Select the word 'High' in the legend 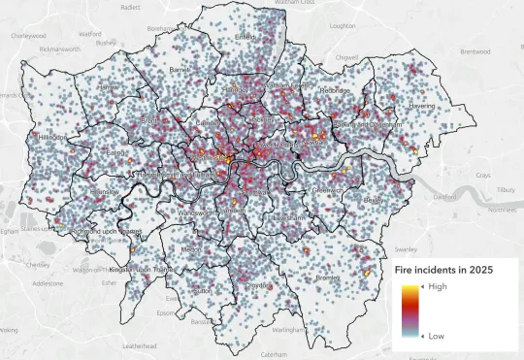click(x=438, y=286)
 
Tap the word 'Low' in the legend click(x=437, y=336)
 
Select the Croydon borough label click(x=258, y=286)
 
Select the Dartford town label click(x=444, y=196)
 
